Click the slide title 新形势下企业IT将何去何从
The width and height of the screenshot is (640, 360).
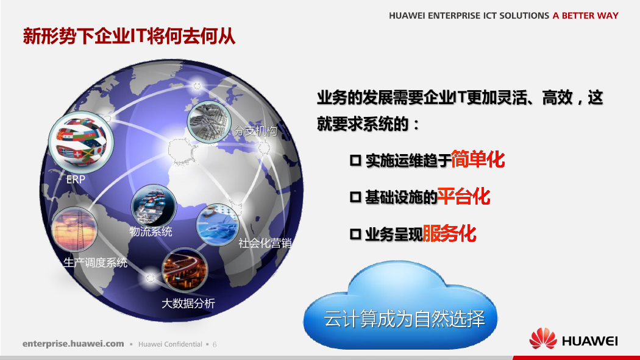129,36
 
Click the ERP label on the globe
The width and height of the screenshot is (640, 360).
76,179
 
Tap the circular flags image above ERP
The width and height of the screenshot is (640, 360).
81,141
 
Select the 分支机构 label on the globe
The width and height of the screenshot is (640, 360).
255,130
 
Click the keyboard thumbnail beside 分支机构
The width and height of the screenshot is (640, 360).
209,121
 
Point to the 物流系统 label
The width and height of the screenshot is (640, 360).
151,231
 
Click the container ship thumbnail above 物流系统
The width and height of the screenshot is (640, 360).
154,206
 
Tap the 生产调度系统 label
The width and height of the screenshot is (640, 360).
96,263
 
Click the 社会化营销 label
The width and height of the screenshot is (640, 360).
265,243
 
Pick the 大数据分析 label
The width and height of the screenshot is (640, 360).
188,303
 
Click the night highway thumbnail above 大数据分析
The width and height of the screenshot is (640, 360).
185,269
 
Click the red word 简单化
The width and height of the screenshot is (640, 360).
478,159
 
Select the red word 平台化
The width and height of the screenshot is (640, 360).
464,197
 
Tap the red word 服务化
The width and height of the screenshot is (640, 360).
449,234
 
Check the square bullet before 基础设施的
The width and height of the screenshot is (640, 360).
355,197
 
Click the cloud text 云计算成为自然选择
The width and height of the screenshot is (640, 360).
405,319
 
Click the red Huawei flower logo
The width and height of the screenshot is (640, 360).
543,339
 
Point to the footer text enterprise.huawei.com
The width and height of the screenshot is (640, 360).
74,344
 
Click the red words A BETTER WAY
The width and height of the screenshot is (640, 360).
586,15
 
